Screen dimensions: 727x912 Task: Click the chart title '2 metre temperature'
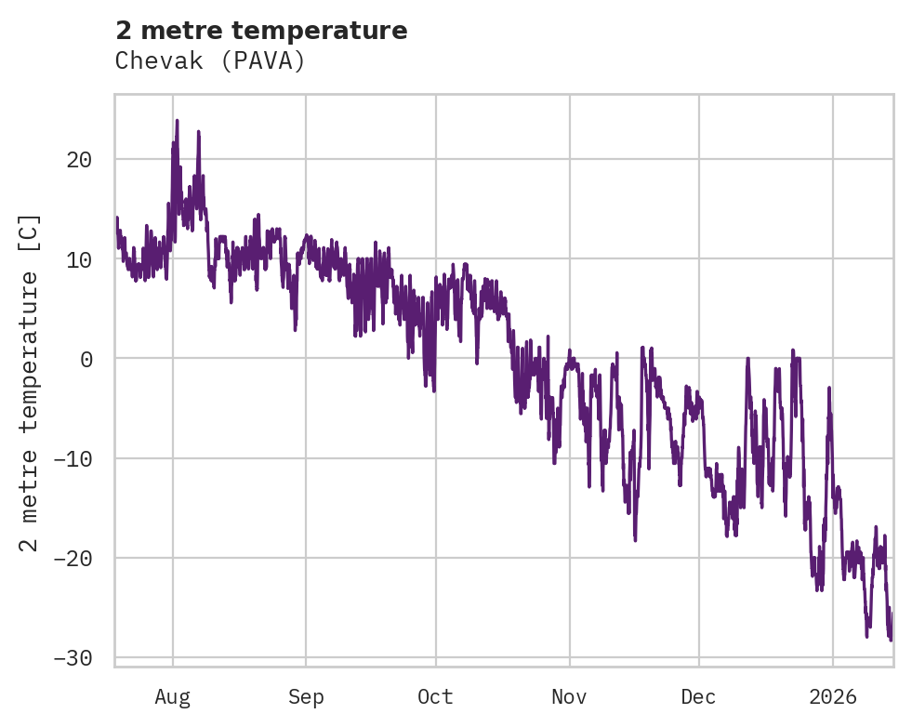pos(261,31)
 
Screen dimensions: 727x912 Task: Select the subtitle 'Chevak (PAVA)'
pos(210,61)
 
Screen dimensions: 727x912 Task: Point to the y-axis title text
pos(31,382)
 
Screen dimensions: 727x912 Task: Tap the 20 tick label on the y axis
pos(79,160)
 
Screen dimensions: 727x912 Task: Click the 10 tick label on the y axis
pos(79,259)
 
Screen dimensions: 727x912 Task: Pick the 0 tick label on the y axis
pos(86,359)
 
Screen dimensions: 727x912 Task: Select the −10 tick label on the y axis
pos(73,458)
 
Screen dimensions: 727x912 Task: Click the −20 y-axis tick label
pos(73,558)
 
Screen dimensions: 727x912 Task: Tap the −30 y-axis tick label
pos(73,657)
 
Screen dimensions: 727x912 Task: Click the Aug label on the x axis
pos(172,696)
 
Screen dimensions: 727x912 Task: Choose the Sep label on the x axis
pos(306,696)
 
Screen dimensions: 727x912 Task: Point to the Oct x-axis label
pos(435,696)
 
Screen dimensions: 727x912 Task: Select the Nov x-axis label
pos(569,696)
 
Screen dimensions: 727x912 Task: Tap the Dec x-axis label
pos(698,696)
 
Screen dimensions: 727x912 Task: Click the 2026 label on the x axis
pos(833,696)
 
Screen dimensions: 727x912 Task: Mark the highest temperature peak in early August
pos(177,120)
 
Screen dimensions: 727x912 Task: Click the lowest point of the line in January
pos(890,641)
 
